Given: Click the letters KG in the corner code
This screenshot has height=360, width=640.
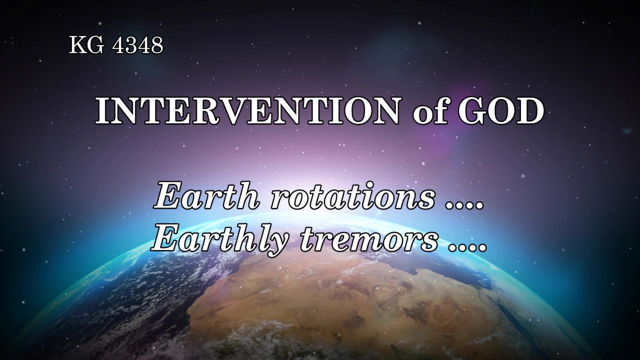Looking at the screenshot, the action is [86, 45].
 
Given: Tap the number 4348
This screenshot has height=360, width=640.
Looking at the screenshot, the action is [137, 45].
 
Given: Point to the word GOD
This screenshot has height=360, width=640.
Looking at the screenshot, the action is [501, 111].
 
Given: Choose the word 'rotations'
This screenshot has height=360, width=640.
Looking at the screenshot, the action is [352, 197].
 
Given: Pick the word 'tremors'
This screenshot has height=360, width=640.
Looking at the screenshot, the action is [368, 241].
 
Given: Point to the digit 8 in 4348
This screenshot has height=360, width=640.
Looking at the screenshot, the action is [157, 45].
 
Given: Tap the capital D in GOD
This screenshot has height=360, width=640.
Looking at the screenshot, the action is [529, 111].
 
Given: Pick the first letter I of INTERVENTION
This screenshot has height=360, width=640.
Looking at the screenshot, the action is [103, 111].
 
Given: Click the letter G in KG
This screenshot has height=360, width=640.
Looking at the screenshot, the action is [95, 45].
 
